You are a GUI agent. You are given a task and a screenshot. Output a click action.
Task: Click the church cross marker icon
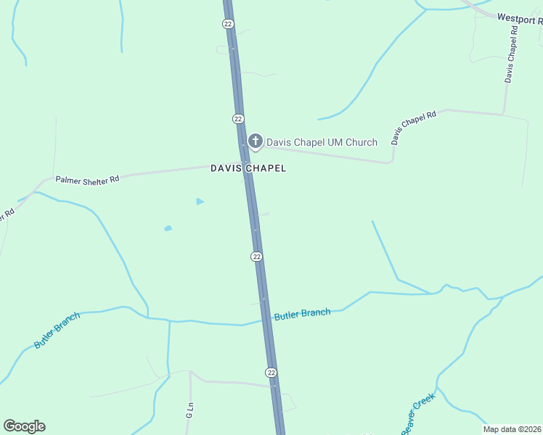coord(255,141)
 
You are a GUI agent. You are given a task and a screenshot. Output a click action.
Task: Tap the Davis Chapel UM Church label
coord(322,142)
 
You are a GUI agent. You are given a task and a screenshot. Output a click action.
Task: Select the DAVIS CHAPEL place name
coord(248,168)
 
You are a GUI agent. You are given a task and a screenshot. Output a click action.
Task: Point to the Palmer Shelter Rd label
coord(87,178)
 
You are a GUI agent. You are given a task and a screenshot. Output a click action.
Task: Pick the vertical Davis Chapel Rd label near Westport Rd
coord(511,54)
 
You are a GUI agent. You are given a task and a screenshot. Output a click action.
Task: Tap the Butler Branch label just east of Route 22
coord(302,314)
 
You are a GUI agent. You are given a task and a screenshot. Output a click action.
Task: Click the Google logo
coord(24,426)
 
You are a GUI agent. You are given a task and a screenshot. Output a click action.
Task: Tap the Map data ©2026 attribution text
coord(513,429)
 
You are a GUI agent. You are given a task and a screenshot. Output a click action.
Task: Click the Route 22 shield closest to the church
coord(238,118)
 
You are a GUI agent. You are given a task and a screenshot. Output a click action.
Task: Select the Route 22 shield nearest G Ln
coord(271,372)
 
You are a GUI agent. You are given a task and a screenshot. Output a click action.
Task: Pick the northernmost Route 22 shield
coord(227,24)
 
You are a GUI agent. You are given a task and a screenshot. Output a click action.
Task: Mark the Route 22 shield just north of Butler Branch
coord(256,257)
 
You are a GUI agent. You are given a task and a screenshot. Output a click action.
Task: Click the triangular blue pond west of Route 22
coord(200,201)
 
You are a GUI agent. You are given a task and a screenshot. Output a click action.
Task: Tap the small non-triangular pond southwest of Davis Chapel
coord(168,228)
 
